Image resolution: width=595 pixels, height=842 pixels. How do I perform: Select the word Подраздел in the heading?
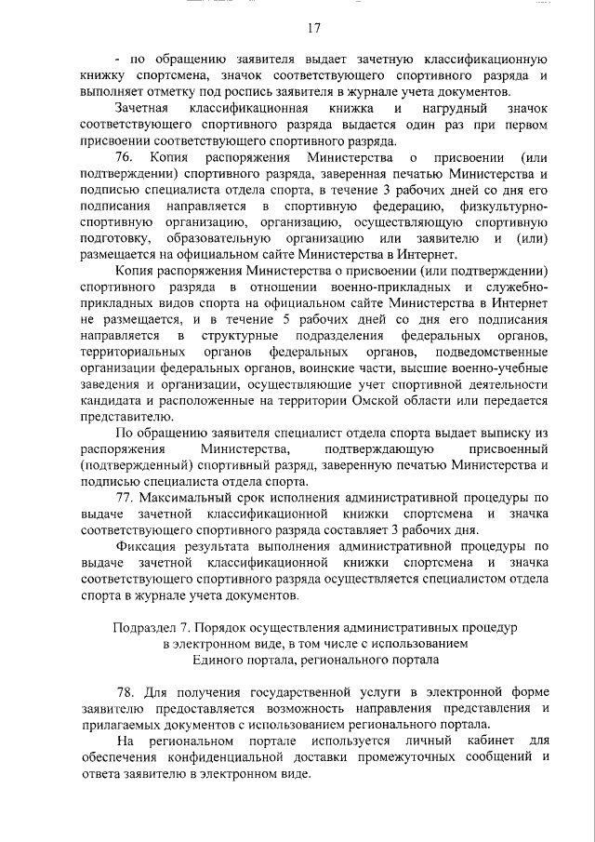[x=143, y=628]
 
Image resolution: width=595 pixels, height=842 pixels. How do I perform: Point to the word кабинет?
[x=478, y=741]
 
